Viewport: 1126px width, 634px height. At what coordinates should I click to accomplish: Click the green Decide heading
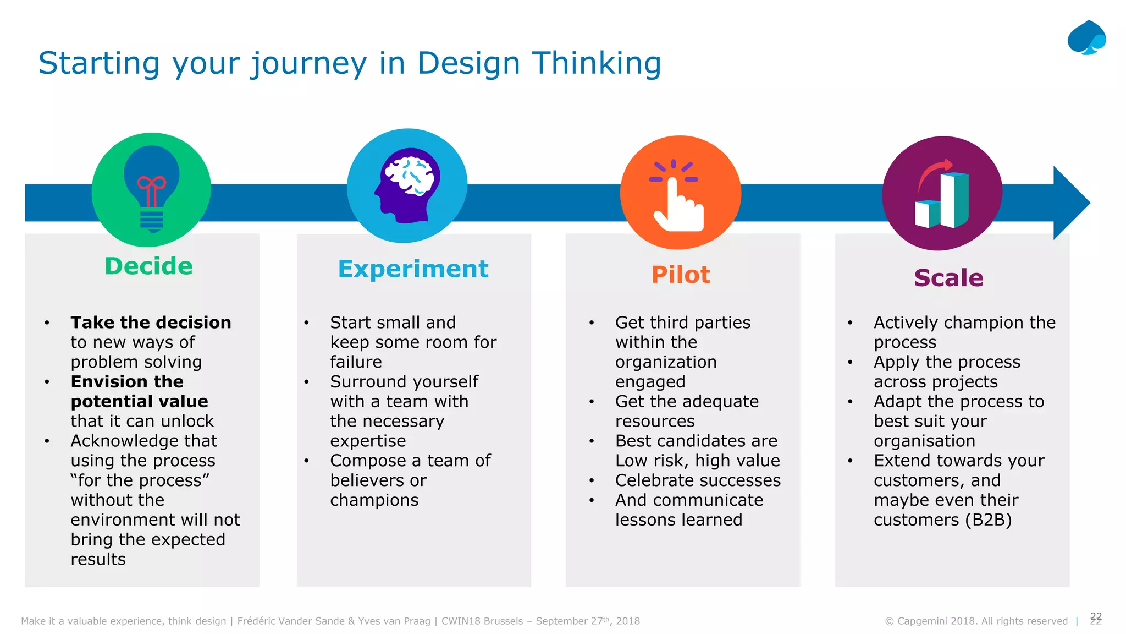tap(148, 266)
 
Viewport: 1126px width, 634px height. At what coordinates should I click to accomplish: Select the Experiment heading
tap(413, 269)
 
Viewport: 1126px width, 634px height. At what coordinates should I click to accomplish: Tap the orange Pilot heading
tap(681, 275)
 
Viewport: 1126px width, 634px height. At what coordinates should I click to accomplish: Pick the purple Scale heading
tap(948, 278)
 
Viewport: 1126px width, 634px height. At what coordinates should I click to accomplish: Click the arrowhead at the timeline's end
tap(1070, 203)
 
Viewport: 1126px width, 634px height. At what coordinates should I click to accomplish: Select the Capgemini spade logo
tap(1086, 37)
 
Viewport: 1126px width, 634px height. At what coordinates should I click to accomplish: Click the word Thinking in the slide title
tap(596, 63)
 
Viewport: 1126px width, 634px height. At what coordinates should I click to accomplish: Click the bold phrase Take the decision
tap(151, 323)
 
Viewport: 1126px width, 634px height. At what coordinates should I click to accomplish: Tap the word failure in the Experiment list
tap(356, 362)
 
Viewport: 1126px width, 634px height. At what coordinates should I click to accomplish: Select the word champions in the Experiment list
tap(374, 500)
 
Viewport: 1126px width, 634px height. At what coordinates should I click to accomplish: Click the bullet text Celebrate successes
tap(698, 480)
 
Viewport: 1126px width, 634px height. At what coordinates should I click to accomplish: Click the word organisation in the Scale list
tap(924, 441)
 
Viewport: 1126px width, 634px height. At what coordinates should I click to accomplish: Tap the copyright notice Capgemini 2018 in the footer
tap(976, 621)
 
